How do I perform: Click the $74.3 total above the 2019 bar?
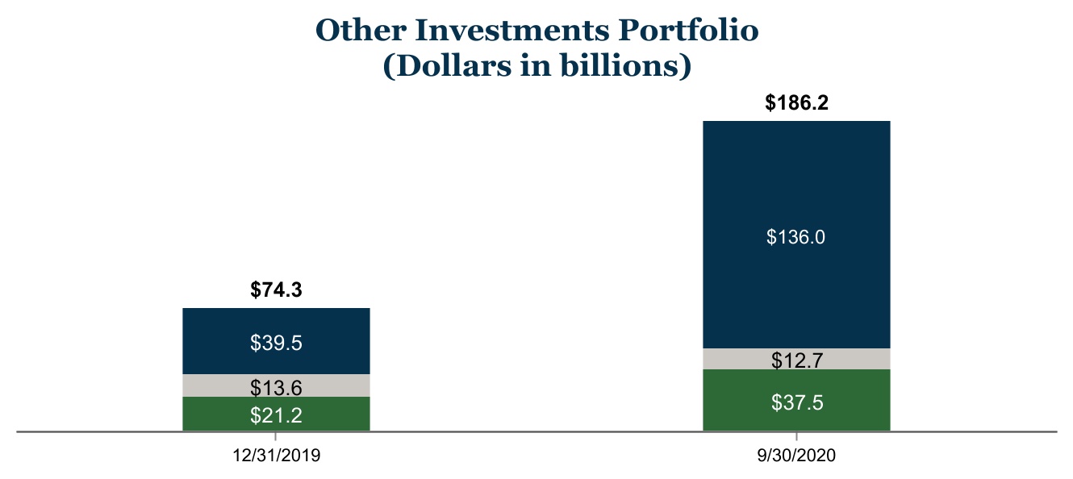point(277,289)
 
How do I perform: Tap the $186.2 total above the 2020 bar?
point(796,102)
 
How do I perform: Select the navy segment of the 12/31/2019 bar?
point(277,341)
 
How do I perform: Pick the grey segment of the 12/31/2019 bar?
point(277,385)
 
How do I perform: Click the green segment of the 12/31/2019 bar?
point(277,414)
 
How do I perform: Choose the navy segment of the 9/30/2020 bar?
point(796,235)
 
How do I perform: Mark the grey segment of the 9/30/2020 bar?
point(796,359)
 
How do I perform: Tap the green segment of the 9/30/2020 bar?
point(796,400)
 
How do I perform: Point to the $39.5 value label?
point(277,343)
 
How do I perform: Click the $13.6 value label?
point(277,388)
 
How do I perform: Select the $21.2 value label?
point(277,415)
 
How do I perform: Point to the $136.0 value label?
point(796,237)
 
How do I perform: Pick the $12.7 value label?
point(797,360)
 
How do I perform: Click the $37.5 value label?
point(797,402)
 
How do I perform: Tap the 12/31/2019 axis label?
point(277,455)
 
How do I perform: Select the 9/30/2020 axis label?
point(796,455)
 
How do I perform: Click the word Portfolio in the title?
point(688,30)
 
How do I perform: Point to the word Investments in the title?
point(512,30)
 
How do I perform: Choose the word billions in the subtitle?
point(620,65)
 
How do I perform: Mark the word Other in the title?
point(361,30)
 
